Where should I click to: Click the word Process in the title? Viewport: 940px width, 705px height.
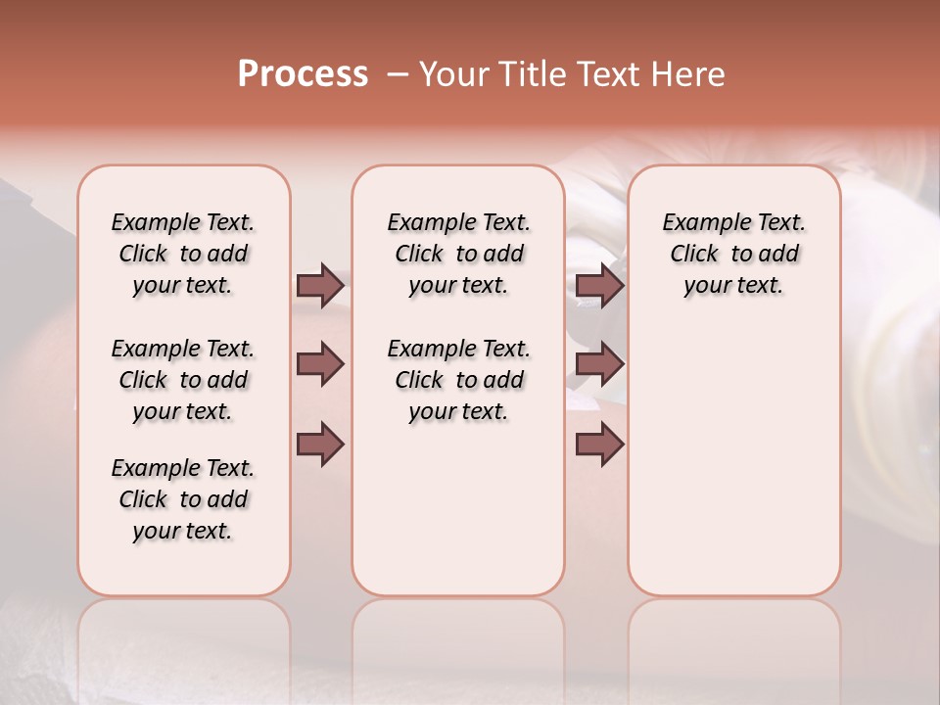pos(303,73)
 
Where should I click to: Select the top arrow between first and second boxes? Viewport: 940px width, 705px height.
pos(320,285)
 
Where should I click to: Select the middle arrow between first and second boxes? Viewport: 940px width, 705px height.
pos(320,365)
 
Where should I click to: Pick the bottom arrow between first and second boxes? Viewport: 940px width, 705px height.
pos(320,445)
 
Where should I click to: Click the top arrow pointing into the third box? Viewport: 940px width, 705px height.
pos(599,285)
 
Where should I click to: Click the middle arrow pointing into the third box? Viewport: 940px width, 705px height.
pos(599,365)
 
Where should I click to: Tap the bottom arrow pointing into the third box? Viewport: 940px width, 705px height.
pos(599,445)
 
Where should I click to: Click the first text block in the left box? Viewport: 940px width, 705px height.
pos(183,254)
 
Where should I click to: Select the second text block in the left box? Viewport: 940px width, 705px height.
pos(183,380)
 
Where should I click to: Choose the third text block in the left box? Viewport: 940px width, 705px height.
pos(183,499)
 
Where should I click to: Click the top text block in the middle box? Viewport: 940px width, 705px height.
pos(458,254)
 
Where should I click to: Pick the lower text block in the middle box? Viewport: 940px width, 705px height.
pos(458,380)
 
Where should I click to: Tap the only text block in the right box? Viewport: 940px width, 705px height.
pos(733,254)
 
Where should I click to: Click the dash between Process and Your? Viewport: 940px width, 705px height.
pos(398,74)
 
